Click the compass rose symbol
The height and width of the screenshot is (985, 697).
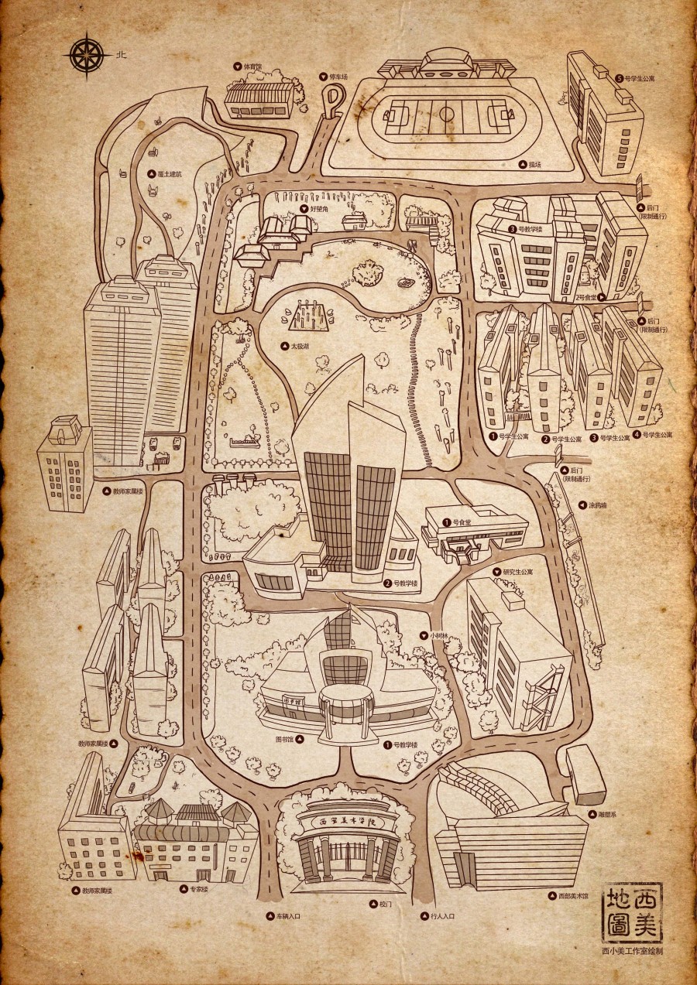click(87, 54)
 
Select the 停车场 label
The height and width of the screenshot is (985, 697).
click(335, 77)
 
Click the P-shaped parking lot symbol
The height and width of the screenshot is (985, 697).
click(333, 101)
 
